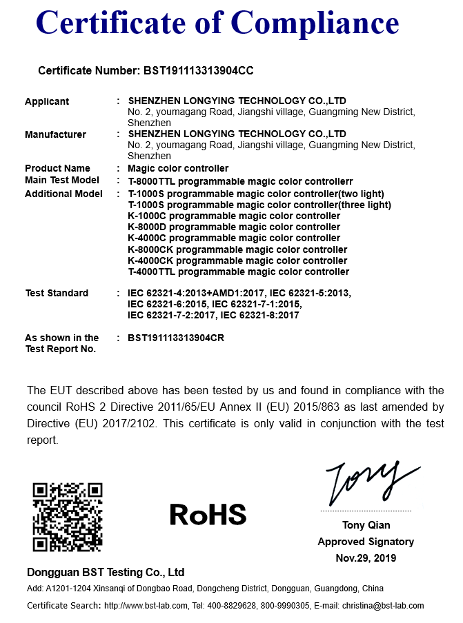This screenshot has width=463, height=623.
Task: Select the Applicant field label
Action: pyautogui.click(x=47, y=101)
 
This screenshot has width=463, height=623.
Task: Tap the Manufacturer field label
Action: pyautogui.click(x=55, y=134)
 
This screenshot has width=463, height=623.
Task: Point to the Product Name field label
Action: pyautogui.click(x=57, y=168)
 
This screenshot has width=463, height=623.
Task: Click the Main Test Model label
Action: pyautogui.click(x=61, y=180)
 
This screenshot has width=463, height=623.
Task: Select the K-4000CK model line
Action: pyautogui.click(x=237, y=261)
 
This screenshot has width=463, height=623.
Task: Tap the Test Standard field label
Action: pyautogui.click(x=57, y=293)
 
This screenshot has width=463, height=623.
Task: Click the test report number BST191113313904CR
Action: pyautogui.click(x=176, y=338)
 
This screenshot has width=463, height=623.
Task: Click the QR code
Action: pyautogui.click(x=68, y=516)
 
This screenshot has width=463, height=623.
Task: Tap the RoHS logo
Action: pyautogui.click(x=208, y=514)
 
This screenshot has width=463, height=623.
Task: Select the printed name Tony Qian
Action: pyautogui.click(x=366, y=525)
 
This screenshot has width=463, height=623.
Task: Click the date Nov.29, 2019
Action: pyautogui.click(x=366, y=558)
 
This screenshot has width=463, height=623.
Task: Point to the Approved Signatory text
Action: pyautogui.click(x=366, y=542)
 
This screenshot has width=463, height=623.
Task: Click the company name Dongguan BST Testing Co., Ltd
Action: pyautogui.click(x=106, y=572)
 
